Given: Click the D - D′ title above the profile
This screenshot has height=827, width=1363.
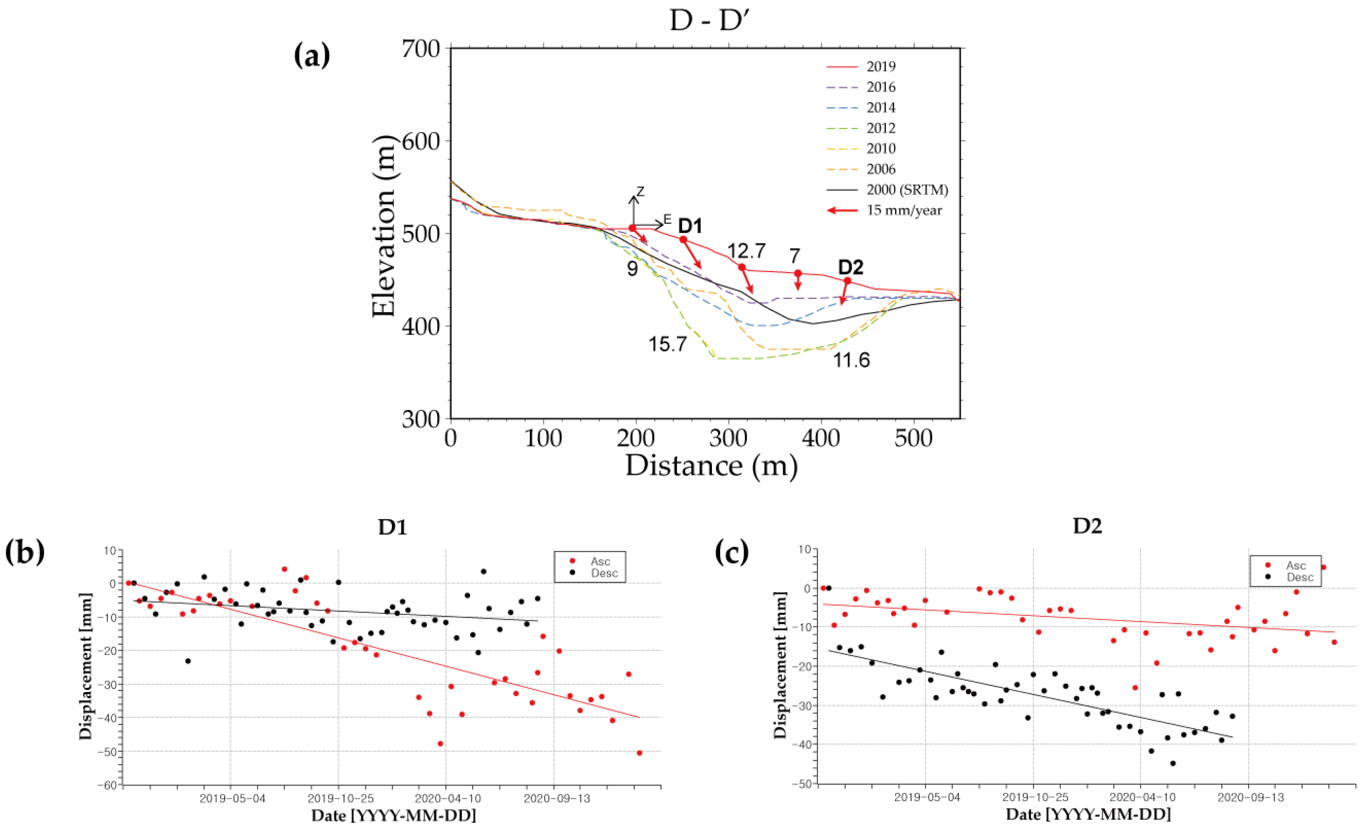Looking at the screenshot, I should click(x=710, y=21).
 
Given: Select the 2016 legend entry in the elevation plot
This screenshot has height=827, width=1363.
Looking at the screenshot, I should click(x=881, y=87).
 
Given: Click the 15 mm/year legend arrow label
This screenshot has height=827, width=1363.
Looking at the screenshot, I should click(x=904, y=210).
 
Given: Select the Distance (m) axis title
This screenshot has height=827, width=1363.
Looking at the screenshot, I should click(x=712, y=465).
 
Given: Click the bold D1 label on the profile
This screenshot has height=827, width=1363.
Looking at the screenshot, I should click(x=690, y=226).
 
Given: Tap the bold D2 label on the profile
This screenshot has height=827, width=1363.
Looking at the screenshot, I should click(x=850, y=267).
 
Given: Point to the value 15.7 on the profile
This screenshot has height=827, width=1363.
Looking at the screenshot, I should click(x=667, y=344).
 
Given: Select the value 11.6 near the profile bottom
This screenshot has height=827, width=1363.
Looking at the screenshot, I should click(x=851, y=360).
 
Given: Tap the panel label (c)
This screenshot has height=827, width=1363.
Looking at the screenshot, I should click(x=732, y=553).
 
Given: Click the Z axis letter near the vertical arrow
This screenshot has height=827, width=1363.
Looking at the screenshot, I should click(x=640, y=192).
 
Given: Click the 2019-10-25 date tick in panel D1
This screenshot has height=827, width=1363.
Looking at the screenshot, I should click(x=340, y=799).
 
